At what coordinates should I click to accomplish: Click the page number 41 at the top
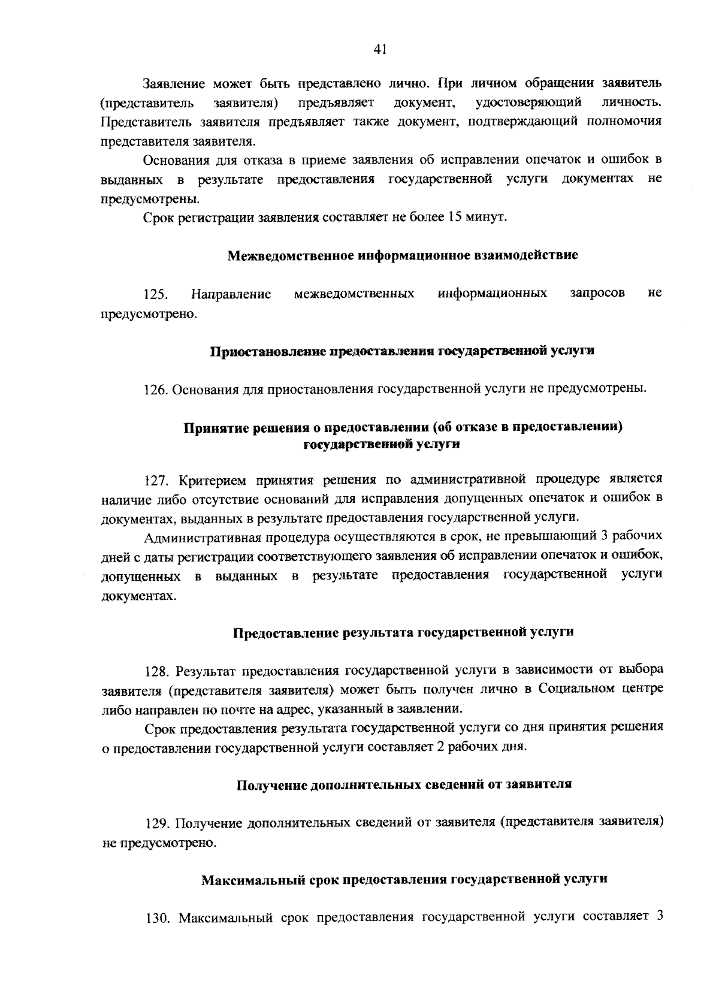[379, 50]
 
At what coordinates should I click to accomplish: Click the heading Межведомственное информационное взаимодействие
[403, 255]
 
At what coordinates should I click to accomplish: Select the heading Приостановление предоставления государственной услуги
[401, 351]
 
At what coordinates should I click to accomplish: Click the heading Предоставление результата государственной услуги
[403, 632]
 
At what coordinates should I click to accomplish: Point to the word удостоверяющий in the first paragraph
[528, 102]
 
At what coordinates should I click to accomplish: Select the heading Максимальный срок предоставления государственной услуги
[404, 880]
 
